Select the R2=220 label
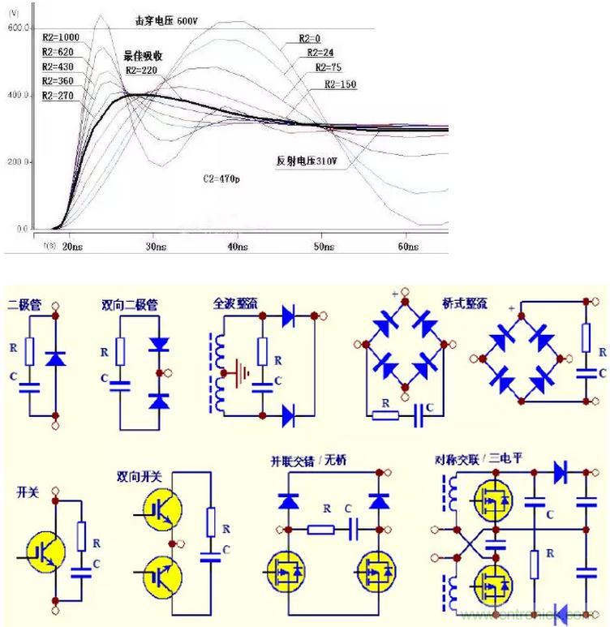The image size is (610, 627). [x=141, y=71]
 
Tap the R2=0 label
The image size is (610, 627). [x=309, y=38]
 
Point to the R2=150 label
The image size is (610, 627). [x=341, y=84]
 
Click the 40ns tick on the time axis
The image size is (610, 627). [x=238, y=246]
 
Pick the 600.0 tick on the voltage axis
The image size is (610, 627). [x=18, y=28]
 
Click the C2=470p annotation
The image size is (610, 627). [x=221, y=176]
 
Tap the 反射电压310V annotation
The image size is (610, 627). [x=306, y=161]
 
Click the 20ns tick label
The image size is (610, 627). [x=74, y=246]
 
